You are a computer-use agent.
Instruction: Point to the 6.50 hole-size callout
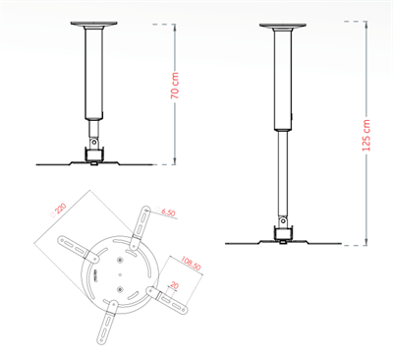(167, 212)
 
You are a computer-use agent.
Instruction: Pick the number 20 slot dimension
(173, 286)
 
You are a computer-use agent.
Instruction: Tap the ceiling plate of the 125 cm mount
(283, 25)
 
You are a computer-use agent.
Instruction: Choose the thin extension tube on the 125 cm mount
(283, 172)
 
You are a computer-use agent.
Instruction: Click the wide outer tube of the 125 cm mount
(283, 79)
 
